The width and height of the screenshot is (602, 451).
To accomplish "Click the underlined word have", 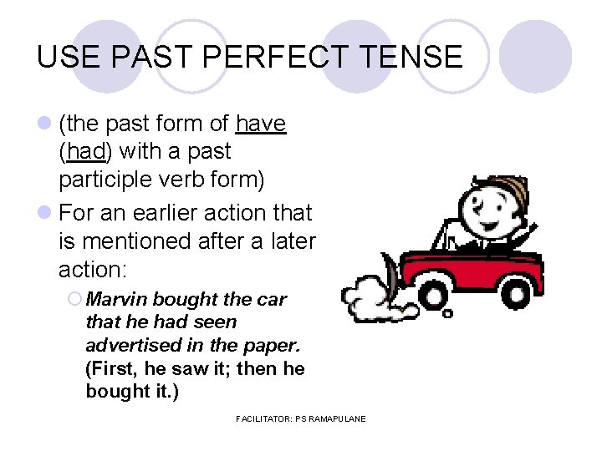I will (x=261, y=124).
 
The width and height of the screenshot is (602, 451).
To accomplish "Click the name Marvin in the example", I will (x=116, y=299).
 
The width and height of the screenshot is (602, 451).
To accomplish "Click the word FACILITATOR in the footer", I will (x=264, y=418).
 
